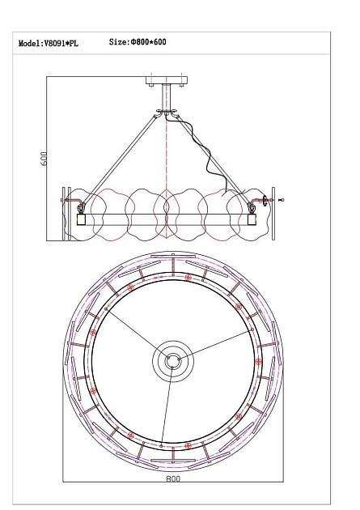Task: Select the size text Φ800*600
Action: coord(149,42)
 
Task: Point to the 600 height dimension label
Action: coord(44,159)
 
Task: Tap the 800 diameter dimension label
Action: coord(173,478)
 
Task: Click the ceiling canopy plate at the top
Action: coord(167,80)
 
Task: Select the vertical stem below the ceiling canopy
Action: coord(167,97)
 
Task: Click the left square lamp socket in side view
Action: coord(81,219)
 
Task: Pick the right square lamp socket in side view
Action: coord(252,219)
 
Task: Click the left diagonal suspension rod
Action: coord(119,159)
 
